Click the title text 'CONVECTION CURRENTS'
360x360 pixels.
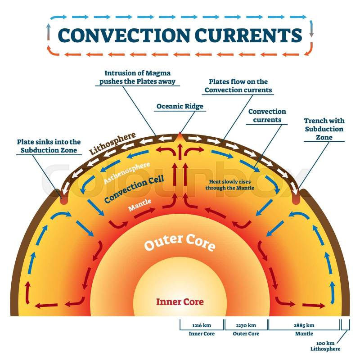[180, 35]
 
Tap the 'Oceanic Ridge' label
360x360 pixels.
[180, 107]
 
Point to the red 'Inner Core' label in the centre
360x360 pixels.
[180, 301]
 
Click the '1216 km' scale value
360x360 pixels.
[201, 325]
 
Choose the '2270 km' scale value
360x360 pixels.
[246, 325]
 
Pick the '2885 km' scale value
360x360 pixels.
[304, 325]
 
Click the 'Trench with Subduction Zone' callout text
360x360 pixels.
[324, 129]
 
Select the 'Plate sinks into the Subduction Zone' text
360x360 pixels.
[50, 146]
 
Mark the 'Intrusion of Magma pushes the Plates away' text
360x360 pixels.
[140, 77]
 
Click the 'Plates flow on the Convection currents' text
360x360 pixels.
[238, 85]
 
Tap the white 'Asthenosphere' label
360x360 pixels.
[127, 173]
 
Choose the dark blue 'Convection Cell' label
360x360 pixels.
[134, 189]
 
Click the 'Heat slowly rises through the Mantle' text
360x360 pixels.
[230, 184]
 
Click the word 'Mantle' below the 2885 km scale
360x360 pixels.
[304, 334]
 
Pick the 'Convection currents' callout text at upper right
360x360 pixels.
[267, 116]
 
